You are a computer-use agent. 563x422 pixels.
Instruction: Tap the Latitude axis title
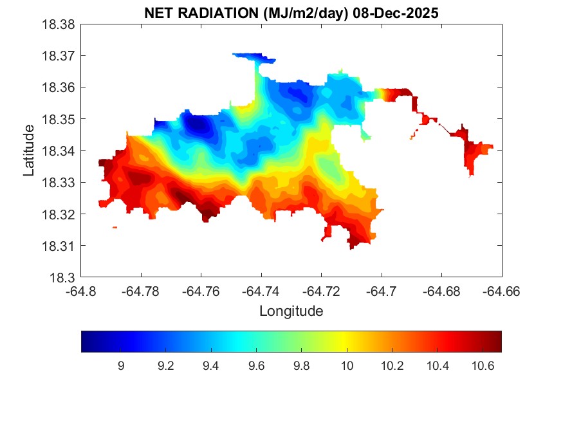29,151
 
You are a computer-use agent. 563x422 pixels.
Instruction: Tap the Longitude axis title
291,311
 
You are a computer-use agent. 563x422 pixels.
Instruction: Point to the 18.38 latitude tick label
59,24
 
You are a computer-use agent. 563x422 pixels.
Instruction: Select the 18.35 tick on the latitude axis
59,120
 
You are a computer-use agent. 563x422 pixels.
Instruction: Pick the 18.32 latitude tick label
59,214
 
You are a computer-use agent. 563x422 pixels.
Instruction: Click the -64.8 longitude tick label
81,291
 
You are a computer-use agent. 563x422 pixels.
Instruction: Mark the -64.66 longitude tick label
501,291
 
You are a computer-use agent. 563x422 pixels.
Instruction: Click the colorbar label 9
120,366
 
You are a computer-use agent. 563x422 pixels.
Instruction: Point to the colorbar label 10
347,366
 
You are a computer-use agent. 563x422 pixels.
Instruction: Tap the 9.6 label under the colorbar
256,366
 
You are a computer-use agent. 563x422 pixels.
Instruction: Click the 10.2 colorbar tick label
392,366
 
